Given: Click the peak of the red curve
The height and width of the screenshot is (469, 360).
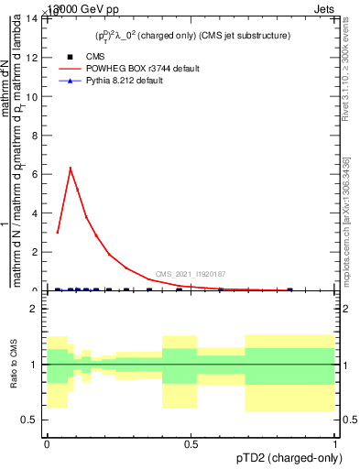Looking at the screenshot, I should click(71, 168).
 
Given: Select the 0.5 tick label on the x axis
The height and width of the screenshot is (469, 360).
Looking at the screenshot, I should click(191, 445).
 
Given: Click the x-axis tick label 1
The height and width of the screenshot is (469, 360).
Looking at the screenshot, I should click(335, 445).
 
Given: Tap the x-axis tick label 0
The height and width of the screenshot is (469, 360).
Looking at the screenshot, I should click(47, 445).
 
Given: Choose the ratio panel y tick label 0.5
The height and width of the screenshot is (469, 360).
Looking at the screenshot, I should click(29, 420).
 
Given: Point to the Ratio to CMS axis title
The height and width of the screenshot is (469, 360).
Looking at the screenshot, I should click(14, 365).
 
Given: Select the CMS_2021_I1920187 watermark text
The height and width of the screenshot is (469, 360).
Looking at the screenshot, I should click(191, 274).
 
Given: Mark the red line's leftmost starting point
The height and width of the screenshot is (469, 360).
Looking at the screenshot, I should click(57, 233).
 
